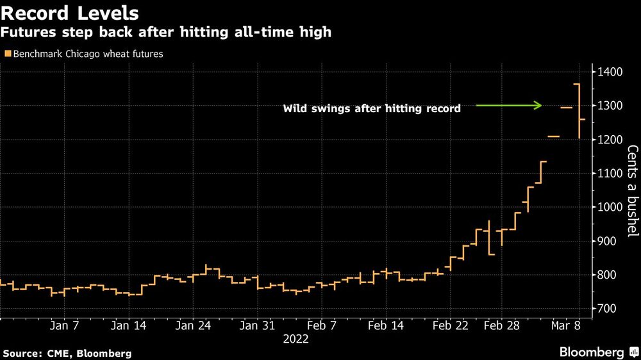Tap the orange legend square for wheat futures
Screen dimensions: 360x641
pyautogui.click(x=7, y=54)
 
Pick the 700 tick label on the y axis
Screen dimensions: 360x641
pyautogui.click(x=613, y=309)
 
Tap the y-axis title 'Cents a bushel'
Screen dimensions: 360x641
pyautogui.click(x=632, y=191)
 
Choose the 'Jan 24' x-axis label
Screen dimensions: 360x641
pyautogui.click(x=193, y=326)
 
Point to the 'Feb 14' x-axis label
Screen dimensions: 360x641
pyautogui.click(x=387, y=326)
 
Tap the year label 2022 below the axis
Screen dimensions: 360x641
pyautogui.click(x=296, y=340)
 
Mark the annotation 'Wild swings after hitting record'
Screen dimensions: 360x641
pyautogui.click(x=372, y=109)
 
